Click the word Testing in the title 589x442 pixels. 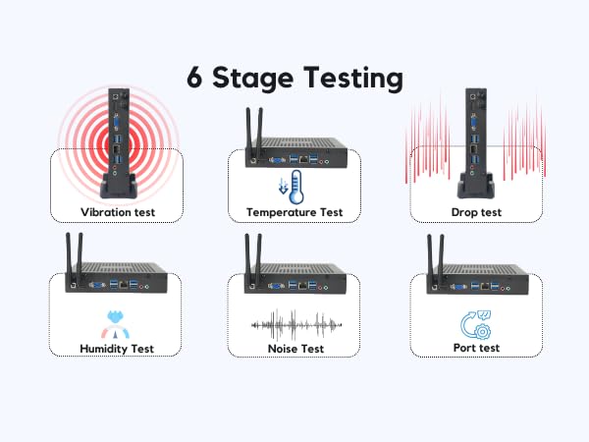click(346, 78)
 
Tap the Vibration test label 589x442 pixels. click(117, 211)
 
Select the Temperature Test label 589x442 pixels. click(294, 211)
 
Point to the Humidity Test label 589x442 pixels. click(117, 348)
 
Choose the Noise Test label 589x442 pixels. click(294, 348)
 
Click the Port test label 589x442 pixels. click(475, 348)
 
